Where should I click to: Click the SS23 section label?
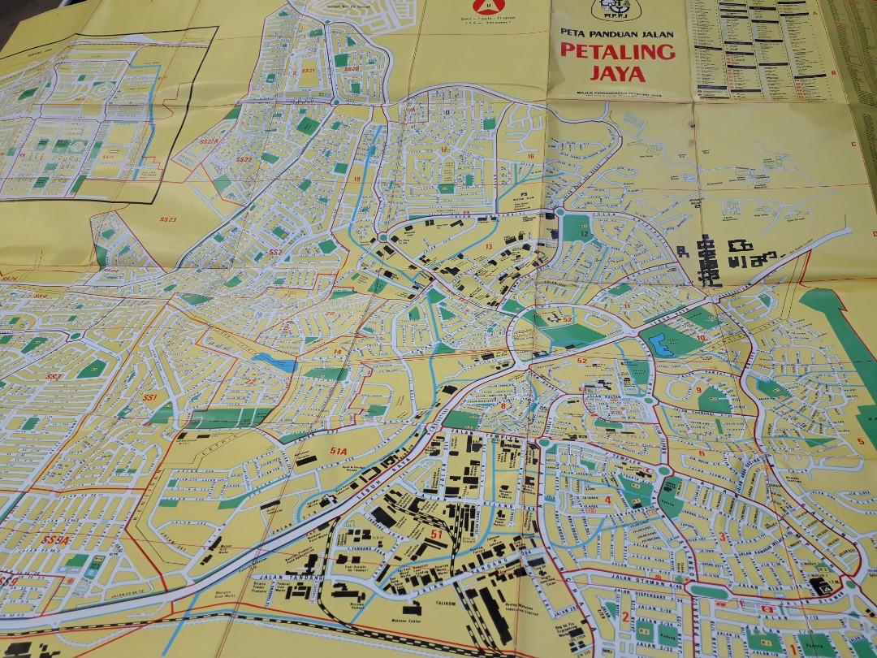tap(168, 219)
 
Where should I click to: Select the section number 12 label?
tap(584, 234)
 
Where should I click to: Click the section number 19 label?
tap(356, 179)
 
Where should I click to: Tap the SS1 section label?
tap(149, 398)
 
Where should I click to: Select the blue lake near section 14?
tap(274, 363)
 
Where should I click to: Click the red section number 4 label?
tap(607, 500)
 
